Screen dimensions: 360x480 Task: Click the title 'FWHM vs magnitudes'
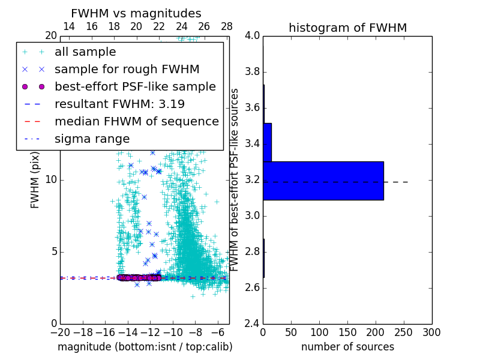[136, 14]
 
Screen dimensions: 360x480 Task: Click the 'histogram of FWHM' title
[347, 28]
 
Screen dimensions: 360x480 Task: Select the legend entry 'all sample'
[85, 52]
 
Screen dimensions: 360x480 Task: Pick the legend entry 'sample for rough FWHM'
[127, 69]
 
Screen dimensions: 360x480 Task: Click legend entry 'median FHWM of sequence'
[137, 121]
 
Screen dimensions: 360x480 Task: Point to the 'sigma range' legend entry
[92, 139]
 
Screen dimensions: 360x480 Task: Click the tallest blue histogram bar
[323, 181]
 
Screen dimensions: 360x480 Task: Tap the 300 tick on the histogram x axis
[431, 332]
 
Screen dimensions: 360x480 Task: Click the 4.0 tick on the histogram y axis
[252, 36]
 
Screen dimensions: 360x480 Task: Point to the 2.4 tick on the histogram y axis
[252, 323]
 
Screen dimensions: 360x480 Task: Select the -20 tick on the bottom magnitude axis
[60, 332]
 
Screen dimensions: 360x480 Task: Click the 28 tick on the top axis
[227, 26]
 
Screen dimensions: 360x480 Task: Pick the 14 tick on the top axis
[69, 26]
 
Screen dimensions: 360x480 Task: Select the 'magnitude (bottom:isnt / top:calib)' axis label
[145, 347]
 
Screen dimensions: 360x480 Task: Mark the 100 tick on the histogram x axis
[319, 332]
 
